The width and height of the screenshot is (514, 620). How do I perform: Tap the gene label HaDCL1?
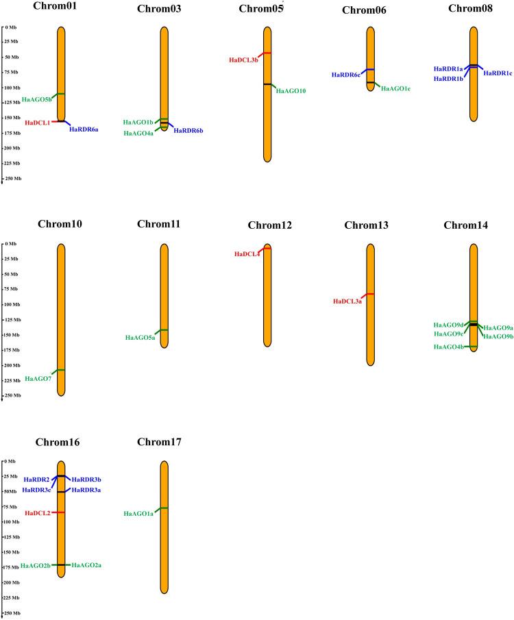click(x=38, y=123)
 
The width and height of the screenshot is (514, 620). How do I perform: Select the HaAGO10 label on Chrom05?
click(x=291, y=90)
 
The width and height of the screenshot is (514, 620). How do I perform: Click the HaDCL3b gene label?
click(x=243, y=60)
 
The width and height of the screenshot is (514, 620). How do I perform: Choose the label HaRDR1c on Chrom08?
click(x=498, y=73)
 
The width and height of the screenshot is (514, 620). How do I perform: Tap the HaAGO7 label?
click(x=38, y=378)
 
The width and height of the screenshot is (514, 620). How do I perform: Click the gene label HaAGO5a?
click(x=140, y=337)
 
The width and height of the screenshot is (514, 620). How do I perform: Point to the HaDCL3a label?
click(x=347, y=301)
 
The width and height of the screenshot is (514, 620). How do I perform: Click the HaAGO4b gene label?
click(x=448, y=347)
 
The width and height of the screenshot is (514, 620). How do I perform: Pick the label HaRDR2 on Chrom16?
click(x=36, y=479)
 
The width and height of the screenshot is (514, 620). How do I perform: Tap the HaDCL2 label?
click(x=38, y=512)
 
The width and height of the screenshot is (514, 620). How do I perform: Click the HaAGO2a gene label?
click(x=86, y=565)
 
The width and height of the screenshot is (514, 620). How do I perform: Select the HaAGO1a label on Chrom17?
click(x=138, y=513)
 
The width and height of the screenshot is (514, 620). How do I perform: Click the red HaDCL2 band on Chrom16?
click(x=60, y=512)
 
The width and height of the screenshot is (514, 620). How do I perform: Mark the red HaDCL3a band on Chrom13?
click(x=370, y=294)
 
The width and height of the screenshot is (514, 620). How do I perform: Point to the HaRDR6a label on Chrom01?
click(x=84, y=129)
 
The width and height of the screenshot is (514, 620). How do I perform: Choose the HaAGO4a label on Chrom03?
click(x=138, y=133)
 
